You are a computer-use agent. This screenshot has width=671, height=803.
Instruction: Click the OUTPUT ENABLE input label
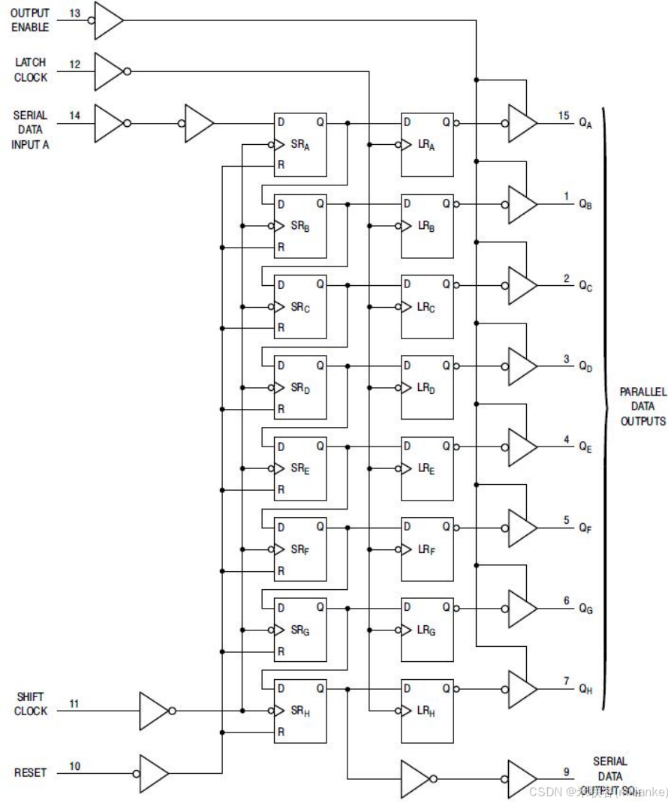[x=30, y=20]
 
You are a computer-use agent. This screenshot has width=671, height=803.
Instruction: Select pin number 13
[x=75, y=14]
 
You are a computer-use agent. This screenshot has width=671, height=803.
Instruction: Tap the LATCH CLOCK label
[x=30, y=71]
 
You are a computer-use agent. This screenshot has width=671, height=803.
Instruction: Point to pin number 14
[x=75, y=116]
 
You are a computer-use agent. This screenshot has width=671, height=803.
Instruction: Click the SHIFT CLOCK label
[x=31, y=704]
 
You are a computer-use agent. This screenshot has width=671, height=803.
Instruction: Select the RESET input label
[x=30, y=772]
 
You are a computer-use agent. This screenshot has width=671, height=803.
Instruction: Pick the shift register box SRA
[x=300, y=145]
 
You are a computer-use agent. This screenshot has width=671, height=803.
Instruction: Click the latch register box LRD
[x=427, y=387]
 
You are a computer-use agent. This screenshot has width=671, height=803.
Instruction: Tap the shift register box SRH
[x=300, y=711]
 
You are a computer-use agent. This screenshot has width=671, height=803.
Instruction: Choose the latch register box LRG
[x=427, y=630]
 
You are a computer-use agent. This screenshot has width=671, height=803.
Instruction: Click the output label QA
[x=585, y=125]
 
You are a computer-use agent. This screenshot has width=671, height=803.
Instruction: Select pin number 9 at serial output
[x=567, y=771]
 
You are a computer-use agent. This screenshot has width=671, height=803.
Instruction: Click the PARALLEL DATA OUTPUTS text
[x=642, y=406]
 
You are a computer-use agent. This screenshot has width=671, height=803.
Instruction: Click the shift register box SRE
[x=300, y=468]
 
